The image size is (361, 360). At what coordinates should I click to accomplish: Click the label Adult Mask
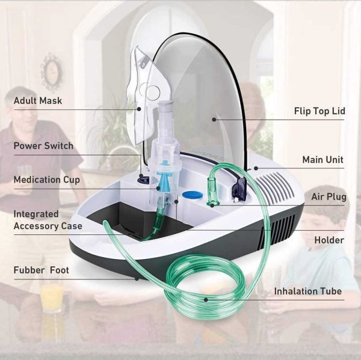tap(38, 100)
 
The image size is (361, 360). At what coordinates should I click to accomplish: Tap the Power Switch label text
tap(43, 146)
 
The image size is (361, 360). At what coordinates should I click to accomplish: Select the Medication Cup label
tap(46, 180)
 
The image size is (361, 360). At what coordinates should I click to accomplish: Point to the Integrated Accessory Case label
tap(48, 220)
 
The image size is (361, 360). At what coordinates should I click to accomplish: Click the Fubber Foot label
tap(41, 270)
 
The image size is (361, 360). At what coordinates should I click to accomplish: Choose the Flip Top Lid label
tap(319, 111)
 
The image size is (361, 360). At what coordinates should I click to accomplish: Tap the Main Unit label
tap(322, 160)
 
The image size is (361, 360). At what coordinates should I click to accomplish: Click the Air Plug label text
tap(327, 197)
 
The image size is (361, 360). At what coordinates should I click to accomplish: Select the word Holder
tap(329, 240)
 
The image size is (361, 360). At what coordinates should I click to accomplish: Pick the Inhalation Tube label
tap(307, 291)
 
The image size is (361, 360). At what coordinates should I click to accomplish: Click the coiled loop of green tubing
tap(199, 288)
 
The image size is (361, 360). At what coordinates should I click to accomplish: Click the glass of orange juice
tap(52, 297)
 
